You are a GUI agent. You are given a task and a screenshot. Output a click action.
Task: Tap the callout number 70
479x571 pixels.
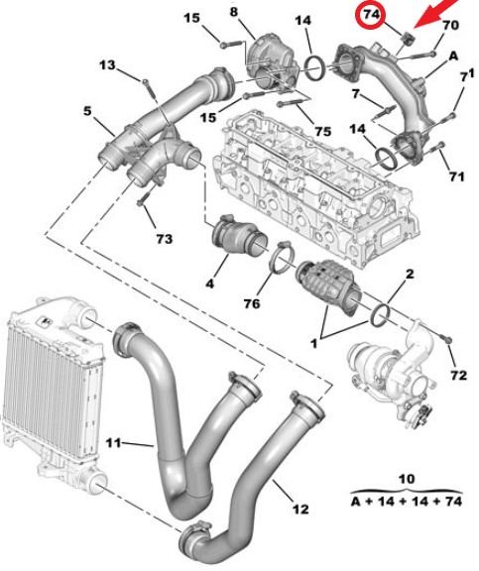[x=450, y=26]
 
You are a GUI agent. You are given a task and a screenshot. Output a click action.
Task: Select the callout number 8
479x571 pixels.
[x=233, y=12]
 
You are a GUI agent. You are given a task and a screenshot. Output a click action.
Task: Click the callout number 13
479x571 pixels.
[x=107, y=65]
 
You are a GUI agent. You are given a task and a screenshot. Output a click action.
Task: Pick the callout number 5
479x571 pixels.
[x=87, y=111]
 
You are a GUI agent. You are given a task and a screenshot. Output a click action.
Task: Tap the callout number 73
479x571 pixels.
[x=164, y=239]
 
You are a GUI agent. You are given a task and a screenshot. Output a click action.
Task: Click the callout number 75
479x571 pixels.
[x=322, y=131]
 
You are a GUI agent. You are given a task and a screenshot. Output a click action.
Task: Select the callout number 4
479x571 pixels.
[x=210, y=284]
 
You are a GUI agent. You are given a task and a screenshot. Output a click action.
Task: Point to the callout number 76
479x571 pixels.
[x=252, y=303]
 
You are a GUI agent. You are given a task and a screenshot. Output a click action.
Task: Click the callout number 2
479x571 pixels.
[x=410, y=274]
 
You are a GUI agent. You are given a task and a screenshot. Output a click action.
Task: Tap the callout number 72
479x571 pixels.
[x=458, y=375]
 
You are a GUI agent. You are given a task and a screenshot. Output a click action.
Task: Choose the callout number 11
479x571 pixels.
[x=113, y=443]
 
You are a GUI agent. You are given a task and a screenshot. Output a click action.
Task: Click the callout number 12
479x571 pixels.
[x=300, y=509]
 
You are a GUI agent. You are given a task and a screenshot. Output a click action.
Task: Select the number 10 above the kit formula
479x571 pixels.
[x=407, y=479]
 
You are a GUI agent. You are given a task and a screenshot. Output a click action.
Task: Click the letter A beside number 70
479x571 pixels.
[x=453, y=57]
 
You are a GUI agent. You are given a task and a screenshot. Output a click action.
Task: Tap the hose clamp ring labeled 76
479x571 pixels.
[x=273, y=260]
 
